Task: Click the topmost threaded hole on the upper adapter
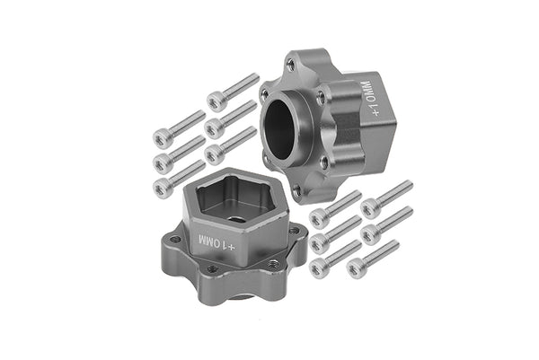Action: [x=290, y=65]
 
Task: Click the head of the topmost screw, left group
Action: [x=216, y=101]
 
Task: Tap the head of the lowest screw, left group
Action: [x=163, y=188]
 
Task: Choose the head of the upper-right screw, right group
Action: [x=369, y=208]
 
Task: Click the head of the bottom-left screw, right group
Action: [x=317, y=267]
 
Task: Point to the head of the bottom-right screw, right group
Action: [x=357, y=268]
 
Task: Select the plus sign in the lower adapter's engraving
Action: [x=231, y=245]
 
